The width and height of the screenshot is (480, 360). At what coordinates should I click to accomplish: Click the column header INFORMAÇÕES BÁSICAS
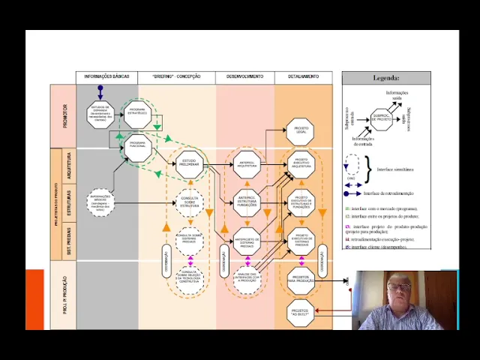(x=106, y=76)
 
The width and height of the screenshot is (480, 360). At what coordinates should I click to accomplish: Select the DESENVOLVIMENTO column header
(x=244, y=76)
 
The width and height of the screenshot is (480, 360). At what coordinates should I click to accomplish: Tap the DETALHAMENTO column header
(x=303, y=76)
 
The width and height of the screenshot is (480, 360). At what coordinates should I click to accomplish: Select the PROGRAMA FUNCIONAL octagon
(x=137, y=144)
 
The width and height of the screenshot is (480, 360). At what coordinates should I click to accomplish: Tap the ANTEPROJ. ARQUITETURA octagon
(x=247, y=163)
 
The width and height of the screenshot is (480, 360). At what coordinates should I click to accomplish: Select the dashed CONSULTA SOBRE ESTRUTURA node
(x=190, y=202)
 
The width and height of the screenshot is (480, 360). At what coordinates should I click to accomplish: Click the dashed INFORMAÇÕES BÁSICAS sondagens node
(x=100, y=201)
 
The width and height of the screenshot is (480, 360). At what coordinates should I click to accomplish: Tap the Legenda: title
(x=386, y=78)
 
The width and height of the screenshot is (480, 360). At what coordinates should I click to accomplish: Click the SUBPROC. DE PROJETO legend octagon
(x=383, y=118)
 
